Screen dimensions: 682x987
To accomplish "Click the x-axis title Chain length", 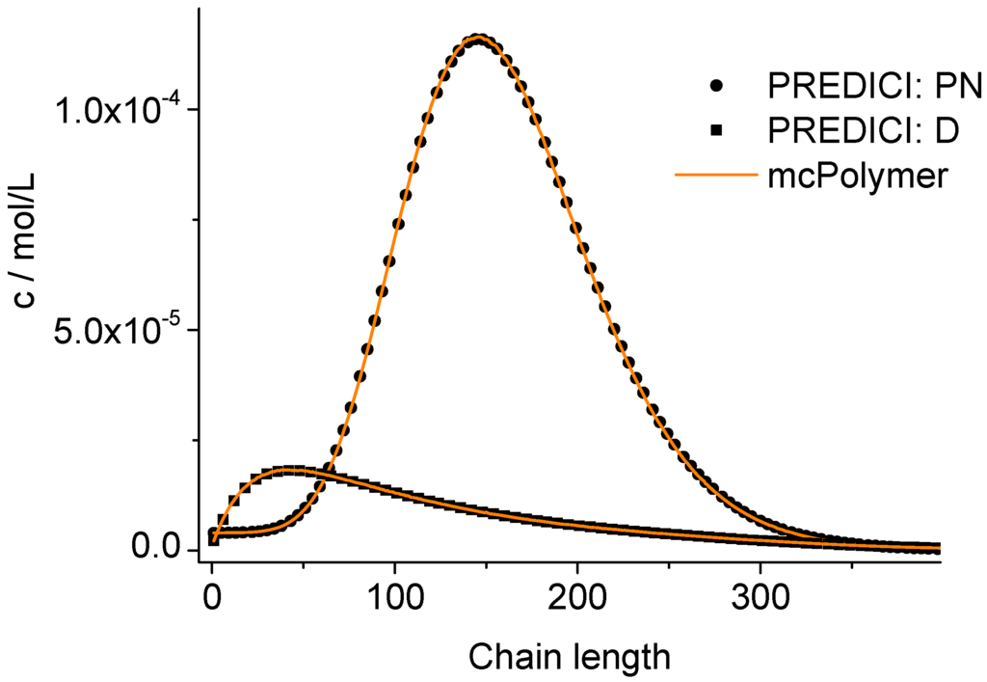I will (x=569, y=657).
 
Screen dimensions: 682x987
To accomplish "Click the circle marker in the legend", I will (x=715, y=86).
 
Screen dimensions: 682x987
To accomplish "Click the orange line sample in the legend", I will (x=715, y=177).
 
